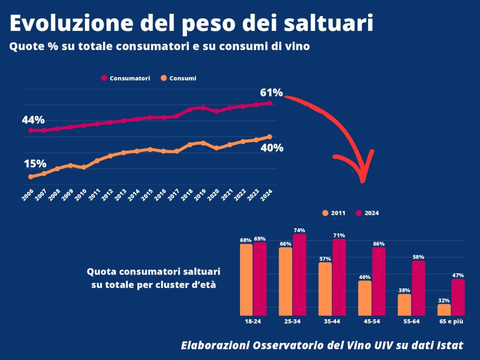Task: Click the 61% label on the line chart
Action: (271, 92)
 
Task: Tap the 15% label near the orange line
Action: (34, 164)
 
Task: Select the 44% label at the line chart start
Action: (33, 120)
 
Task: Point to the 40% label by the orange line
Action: (272, 148)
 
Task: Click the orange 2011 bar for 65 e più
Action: (444, 309)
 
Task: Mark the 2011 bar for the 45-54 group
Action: (365, 298)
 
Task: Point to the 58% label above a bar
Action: (418, 257)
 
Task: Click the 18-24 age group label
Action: (253, 320)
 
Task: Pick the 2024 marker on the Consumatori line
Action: (269, 103)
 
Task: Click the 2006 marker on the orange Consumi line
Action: (30, 176)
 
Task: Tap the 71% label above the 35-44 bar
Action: (339, 235)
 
